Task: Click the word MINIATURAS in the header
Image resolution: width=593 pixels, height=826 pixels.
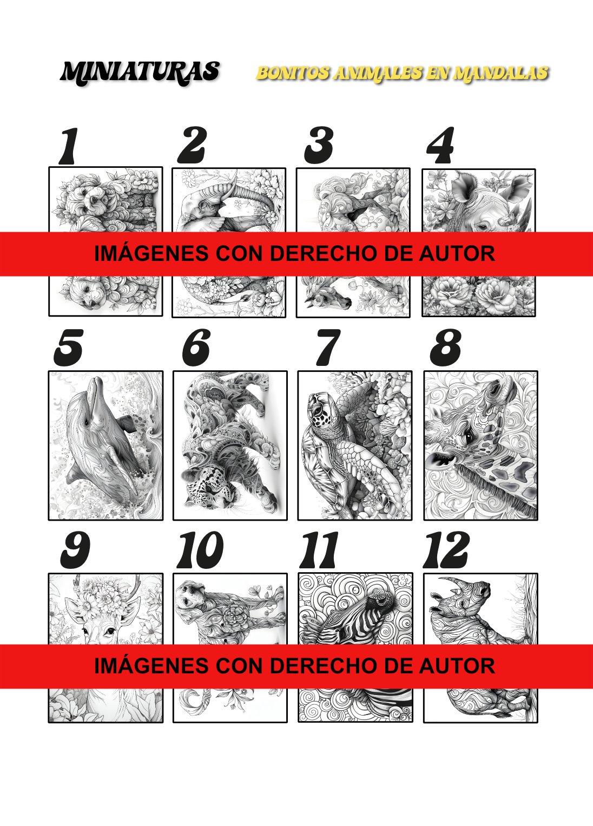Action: pyautogui.click(x=141, y=73)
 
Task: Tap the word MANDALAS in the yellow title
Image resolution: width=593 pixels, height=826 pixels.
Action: pyautogui.click(x=500, y=74)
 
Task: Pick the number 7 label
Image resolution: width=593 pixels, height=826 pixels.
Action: pyautogui.click(x=328, y=348)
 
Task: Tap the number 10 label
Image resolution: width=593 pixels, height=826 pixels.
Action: pyautogui.click(x=200, y=550)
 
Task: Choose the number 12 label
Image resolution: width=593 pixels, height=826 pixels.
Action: pyautogui.click(x=446, y=550)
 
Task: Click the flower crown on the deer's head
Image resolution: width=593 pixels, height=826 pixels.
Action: pyautogui.click(x=94, y=599)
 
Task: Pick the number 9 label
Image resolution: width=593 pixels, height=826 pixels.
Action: pyautogui.click(x=75, y=550)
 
